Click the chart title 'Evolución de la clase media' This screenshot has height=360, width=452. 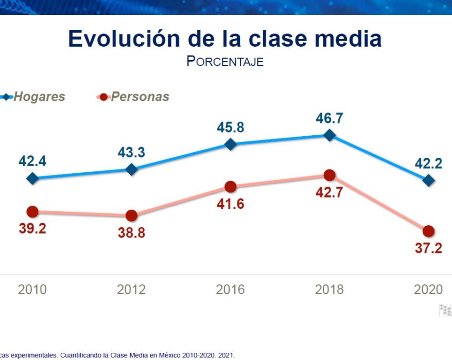225,39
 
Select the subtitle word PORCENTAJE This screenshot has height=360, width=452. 225,61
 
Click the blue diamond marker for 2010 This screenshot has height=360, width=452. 32,178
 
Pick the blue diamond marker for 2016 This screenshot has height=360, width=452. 231,145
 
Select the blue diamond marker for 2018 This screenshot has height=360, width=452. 329,135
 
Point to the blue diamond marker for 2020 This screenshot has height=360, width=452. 428,181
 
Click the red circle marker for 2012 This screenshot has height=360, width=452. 131,215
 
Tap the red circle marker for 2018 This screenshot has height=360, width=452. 329,175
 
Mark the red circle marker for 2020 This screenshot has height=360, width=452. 428,231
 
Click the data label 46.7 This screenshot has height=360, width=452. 329,118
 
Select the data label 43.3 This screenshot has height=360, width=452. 131,153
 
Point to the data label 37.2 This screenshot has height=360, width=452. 428,249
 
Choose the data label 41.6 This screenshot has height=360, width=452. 231,204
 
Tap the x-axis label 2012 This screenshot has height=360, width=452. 131,290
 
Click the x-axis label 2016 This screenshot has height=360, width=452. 231,290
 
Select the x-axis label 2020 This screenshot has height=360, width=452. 428,290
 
